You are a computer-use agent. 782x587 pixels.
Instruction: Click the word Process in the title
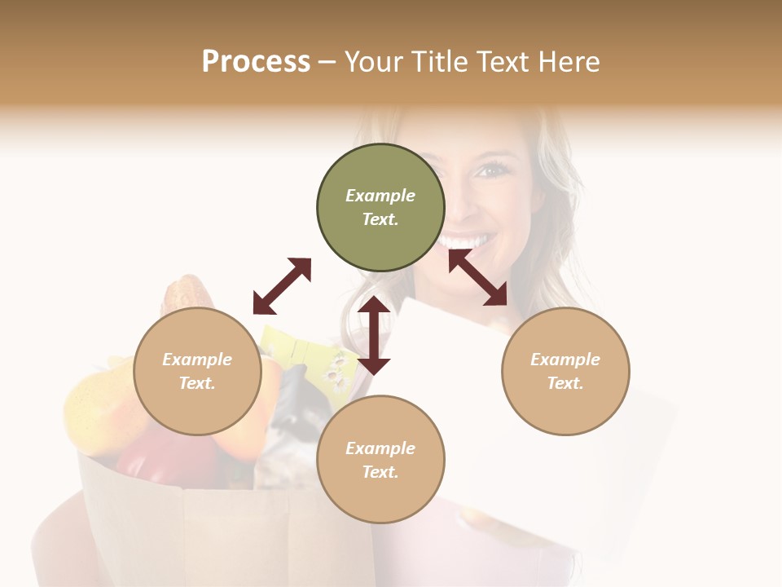click(x=256, y=62)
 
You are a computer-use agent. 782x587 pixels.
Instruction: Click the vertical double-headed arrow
click(x=374, y=335)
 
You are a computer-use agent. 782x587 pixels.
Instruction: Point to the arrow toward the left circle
click(x=282, y=286)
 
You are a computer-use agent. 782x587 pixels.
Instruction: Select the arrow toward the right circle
click(x=477, y=277)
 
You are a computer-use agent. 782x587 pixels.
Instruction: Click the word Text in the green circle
click(x=380, y=219)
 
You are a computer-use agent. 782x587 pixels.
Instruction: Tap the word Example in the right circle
click(x=565, y=360)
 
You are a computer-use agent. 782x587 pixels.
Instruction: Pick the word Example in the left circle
click(x=197, y=360)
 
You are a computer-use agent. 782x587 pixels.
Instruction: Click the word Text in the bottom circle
click(x=380, y=472)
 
